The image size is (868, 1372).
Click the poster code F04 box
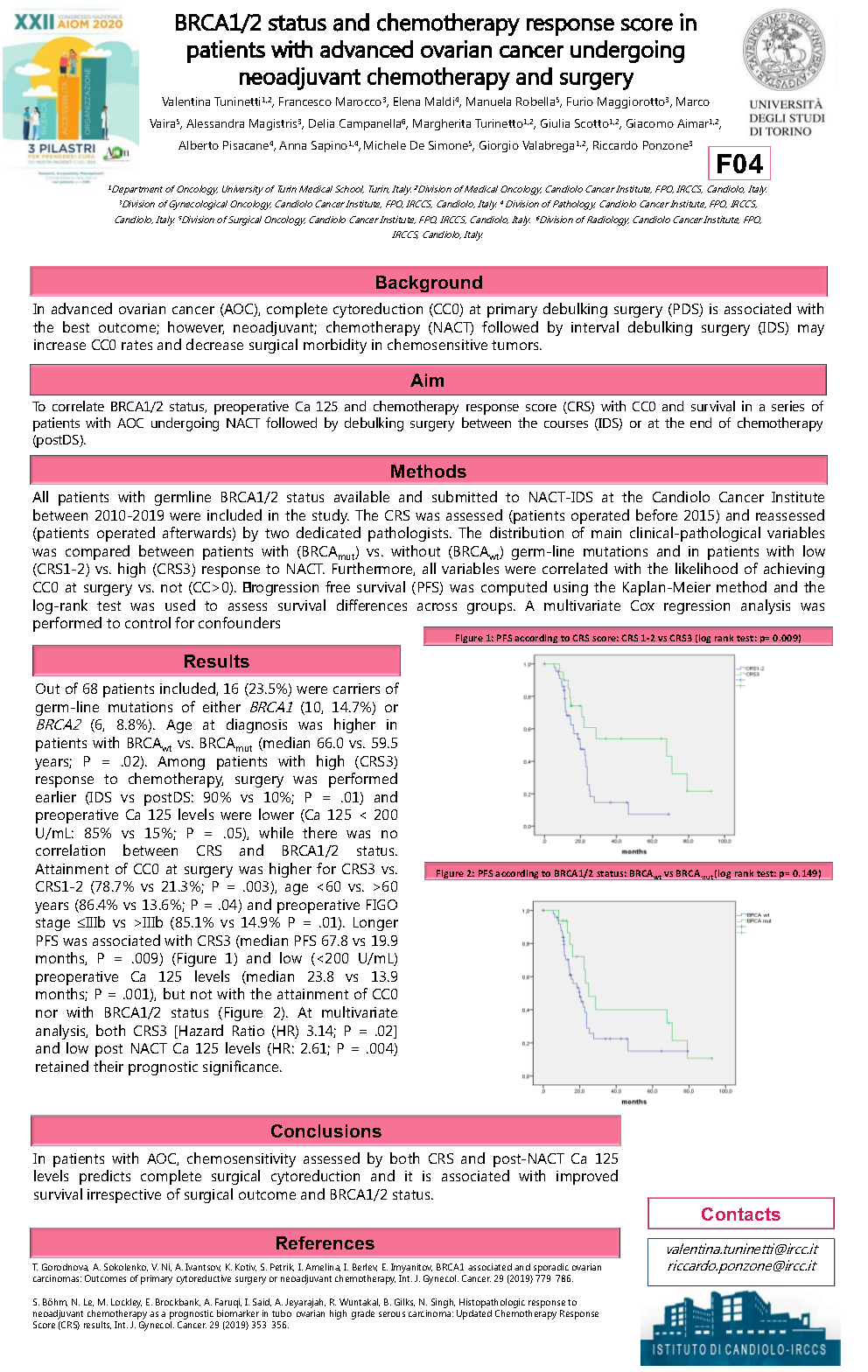pos(739,164)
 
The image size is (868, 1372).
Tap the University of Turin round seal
pos(783,50)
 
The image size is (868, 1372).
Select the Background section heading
pos(429,283)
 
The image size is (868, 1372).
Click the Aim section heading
pos(428,381)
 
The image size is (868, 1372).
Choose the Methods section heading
pos(428,472)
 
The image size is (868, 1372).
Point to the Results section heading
pos(216,661)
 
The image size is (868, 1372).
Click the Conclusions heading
pos(325,1131)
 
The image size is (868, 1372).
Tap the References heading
pos(325,1243)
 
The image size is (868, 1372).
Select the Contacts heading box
pos(740,1214)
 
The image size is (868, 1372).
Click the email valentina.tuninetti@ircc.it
pos(741,1249)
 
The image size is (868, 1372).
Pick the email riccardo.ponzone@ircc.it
pos(741,1266)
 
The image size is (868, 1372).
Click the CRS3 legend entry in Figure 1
pos(752,675)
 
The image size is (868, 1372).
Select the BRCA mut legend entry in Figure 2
pos(758,921)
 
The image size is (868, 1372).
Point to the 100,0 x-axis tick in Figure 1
pos(724,841)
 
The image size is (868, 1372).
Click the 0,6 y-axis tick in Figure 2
pos(527,977)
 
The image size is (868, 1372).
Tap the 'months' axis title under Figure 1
pos(633,851)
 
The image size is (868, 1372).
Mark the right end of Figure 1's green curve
pos(711,791)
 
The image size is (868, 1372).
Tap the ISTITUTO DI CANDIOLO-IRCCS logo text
pos(739,1349)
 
